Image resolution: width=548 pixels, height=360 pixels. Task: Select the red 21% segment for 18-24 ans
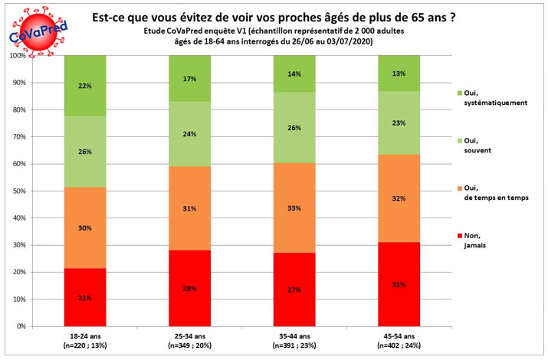(84, 297)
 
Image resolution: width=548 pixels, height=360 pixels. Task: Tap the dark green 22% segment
(84, 86)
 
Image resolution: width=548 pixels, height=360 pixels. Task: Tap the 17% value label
(190, 78)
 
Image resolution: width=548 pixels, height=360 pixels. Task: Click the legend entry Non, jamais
(475, 241)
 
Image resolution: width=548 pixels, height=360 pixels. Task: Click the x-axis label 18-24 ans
(84, 335)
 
